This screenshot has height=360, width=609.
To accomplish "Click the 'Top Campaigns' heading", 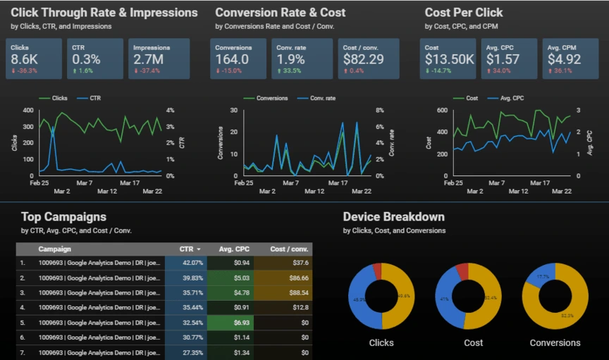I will click(63, 217).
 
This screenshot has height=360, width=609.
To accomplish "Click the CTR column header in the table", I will click(189, 249).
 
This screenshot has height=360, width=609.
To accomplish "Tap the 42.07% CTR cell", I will click(192, 262).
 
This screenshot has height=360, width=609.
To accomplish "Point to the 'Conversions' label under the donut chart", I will click(555, 343).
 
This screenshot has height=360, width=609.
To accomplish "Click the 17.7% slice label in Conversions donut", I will click(543, 277).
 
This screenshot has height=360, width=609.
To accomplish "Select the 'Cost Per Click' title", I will click(464, 13).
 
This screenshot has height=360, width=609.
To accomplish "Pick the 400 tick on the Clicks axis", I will click(27, 111).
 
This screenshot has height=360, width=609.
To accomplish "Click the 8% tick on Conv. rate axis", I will click(379, 111).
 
